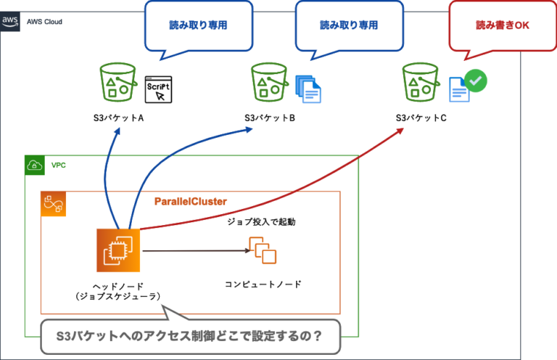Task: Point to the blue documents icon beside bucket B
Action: (x=308, y=87)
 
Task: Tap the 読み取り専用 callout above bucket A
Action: (x=197, y=24)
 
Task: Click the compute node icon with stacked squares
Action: (x=263, y=250)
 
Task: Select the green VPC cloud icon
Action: (x=34, y=165)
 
